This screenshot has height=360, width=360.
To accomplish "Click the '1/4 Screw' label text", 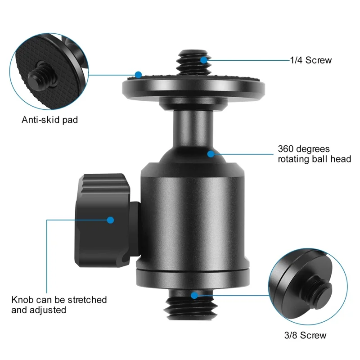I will point(312,60).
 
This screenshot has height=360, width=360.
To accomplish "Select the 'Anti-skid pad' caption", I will point(50,120).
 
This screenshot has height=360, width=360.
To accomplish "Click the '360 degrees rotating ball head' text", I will point(314,154).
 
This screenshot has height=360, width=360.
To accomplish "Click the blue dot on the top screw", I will point(204,59).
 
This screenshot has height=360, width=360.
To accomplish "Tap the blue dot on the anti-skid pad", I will point(138,74).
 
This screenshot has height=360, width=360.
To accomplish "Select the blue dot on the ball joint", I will point(210,154).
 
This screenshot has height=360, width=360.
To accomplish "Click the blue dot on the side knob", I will point(110,220).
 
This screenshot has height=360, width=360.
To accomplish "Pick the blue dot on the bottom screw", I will point(194,296).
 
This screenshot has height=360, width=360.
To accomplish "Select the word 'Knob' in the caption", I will point(22,300).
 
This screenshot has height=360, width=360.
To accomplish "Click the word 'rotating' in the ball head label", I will point(293,159).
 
